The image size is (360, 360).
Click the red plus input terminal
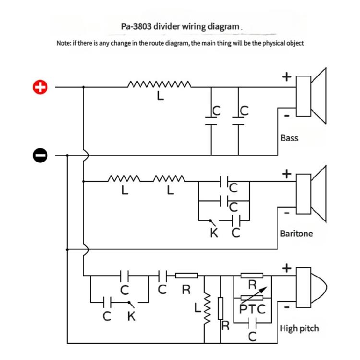coord(41,87)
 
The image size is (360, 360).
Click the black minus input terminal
coord(41,155)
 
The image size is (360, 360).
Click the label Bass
coord(289,138)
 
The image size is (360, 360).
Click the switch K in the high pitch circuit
coord(129,303)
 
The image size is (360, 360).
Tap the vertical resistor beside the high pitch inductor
coord(221,308)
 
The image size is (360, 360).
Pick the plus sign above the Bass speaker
coord(286,76)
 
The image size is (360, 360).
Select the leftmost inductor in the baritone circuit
coord(124,181)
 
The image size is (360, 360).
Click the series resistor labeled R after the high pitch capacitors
coord(186,276)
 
